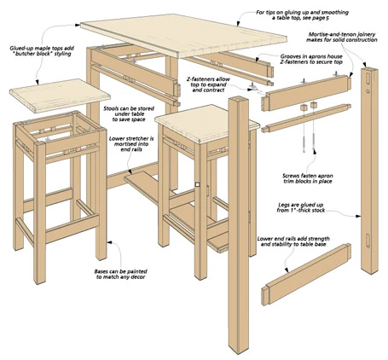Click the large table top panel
183,36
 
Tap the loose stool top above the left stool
60,96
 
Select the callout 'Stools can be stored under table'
129,114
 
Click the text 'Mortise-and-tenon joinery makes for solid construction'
342,38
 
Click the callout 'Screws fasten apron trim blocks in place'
308,178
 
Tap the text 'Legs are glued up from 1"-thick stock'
301,207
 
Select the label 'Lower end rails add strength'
293,239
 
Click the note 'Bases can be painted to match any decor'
121,274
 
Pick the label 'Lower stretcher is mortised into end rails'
131,144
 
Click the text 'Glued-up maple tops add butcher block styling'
40,51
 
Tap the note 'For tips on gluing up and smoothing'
302,12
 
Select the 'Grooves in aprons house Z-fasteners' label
311,59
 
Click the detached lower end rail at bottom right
306,275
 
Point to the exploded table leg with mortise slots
370,171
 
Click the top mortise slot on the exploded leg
368,78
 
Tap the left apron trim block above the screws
304,107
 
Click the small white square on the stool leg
198,184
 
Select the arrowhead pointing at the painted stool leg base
109,242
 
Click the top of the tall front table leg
239,100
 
